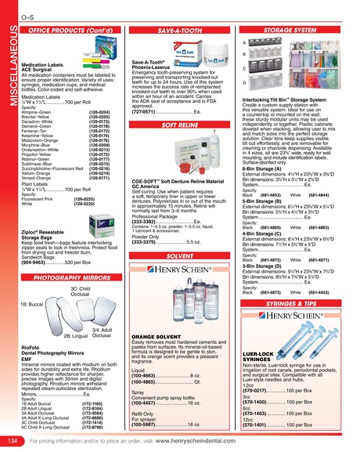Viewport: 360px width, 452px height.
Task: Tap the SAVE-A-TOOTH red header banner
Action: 180,29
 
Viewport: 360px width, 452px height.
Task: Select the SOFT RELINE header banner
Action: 180,103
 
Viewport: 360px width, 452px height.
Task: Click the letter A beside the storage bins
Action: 244,42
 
